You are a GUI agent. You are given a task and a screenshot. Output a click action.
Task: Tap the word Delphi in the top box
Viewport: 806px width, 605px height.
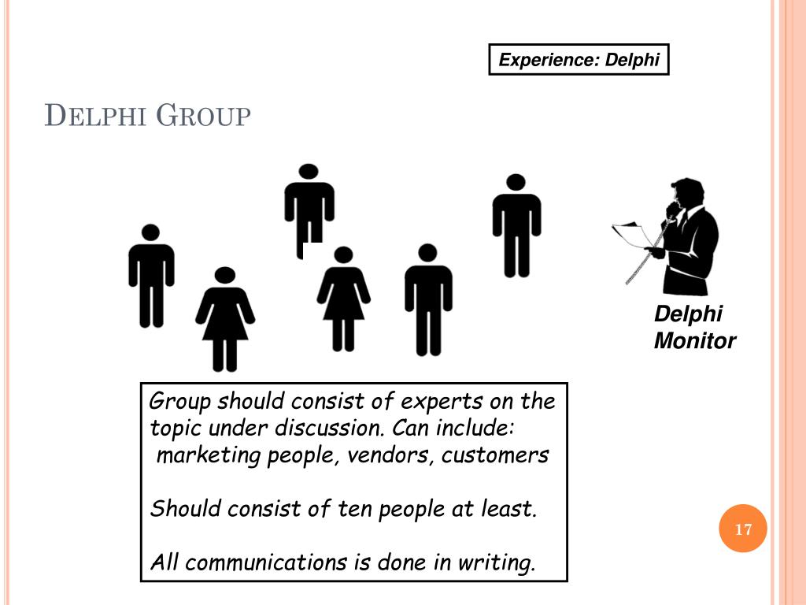tap(632, 60)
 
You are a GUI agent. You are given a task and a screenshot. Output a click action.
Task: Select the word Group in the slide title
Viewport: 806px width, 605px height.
tap(204, 117)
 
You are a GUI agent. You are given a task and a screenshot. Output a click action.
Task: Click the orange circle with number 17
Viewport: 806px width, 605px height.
tap(743, 529)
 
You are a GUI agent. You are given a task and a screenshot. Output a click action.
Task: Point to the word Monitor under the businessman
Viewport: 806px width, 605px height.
tap(695, 341)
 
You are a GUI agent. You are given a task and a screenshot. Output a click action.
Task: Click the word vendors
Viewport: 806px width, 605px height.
tap(386, 455)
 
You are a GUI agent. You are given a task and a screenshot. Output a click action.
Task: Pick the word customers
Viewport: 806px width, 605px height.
tap(495, 455)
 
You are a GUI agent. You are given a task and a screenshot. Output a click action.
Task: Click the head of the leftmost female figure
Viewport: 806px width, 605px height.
tap(225, 276)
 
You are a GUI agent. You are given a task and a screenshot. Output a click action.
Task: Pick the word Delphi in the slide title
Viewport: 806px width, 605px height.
tap(96, 117)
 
